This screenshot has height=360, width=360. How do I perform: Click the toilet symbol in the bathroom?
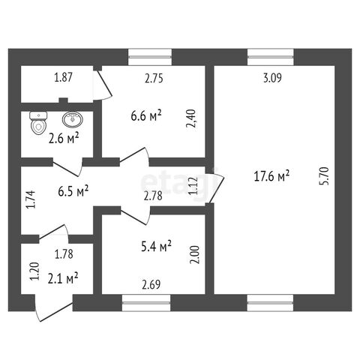tap(38, 122)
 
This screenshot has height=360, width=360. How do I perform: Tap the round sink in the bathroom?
tap(73, 119)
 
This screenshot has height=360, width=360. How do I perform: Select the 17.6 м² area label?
tap(271, 175)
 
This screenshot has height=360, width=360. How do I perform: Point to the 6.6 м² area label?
tap(146, 115)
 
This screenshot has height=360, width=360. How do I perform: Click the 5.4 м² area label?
tap(156, 246)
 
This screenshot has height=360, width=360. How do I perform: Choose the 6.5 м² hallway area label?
tap(73, 191)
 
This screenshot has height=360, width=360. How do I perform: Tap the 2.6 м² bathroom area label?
tap(64, 138)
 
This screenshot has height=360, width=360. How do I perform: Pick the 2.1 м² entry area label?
tap(63, 279)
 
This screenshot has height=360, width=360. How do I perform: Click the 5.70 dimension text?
tap(325, 176)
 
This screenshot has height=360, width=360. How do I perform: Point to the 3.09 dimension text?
tap(272, 78)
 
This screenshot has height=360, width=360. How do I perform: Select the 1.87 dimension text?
tap(63, 77)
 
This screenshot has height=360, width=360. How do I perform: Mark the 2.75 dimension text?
tap(154, 78)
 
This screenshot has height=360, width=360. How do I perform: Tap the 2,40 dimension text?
tap(191, 118)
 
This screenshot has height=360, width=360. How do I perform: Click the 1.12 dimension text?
tap(193, 186)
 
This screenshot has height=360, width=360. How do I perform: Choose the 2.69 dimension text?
tap(151, 285)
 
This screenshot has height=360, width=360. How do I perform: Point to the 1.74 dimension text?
tap(31, 199)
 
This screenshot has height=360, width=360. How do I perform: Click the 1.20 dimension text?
tap(34, 271)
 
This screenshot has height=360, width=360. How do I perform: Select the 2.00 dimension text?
tap(195, 255)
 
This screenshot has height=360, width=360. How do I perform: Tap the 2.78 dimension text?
tap(153, 196)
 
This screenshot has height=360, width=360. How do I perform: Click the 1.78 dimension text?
tap(64, 254)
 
